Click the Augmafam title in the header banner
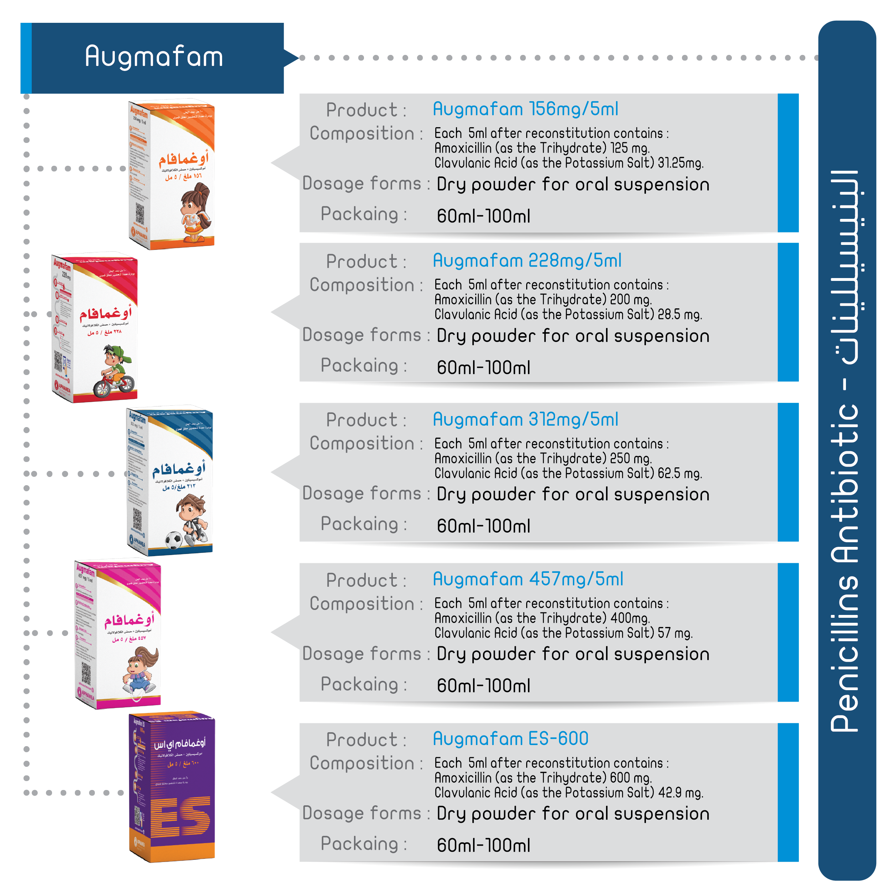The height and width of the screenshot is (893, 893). tap(154, 57)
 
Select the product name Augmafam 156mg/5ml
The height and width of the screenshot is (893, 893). tap(525, 109)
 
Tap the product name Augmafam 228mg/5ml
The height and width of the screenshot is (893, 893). tap(527, 261)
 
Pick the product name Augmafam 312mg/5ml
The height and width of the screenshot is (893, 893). tap(525, 420)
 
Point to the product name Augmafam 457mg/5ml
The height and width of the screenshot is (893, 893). tap(528, 579)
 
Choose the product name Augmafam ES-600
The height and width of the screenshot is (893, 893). tap(510, 739)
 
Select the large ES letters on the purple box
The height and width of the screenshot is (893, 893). tap(181, 817)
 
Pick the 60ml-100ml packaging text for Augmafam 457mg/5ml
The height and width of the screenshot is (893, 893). tap(483, 686)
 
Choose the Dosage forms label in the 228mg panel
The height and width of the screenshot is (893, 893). tap(362, 335)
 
